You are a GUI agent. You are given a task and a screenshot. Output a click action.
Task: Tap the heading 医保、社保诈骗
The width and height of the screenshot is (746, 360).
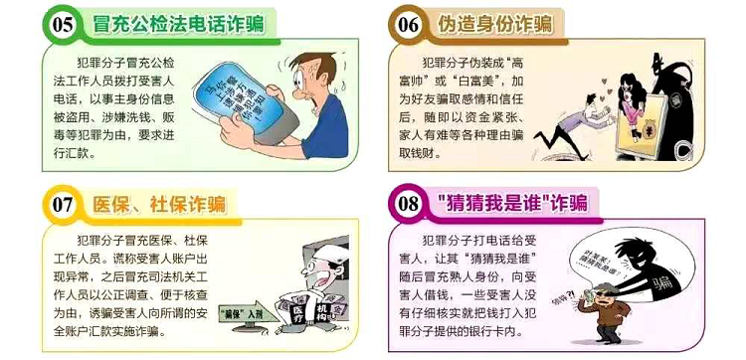[157, 206]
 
